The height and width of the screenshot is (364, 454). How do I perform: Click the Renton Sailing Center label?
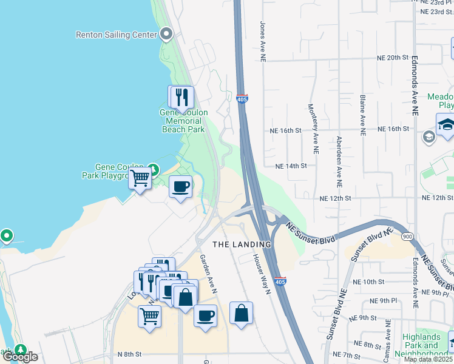tap(116, 35)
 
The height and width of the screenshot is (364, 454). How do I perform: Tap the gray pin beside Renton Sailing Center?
tap(167, 35)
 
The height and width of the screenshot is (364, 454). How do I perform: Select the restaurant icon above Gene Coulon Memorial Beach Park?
tap(181, 97)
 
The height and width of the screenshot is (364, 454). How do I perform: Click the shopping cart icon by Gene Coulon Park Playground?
tap(140, 179)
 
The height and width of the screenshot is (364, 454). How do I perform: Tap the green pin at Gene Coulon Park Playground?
tap(154, 170)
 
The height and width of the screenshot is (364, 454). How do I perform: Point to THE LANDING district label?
tap(242, 244)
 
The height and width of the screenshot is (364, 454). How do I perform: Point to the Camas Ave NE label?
tap(387, 342)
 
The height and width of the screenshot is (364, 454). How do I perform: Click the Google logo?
tap(19, 357)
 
